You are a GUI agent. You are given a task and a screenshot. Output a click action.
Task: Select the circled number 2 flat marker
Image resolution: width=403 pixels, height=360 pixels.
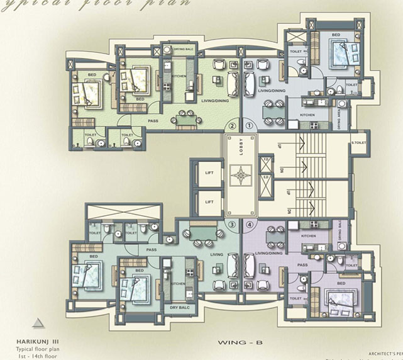tap(232, 125)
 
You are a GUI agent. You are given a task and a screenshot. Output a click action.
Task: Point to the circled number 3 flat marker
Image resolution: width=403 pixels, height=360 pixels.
tap(232, 224)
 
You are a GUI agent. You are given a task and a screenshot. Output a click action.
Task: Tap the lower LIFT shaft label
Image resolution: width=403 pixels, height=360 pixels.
tap(209, 202)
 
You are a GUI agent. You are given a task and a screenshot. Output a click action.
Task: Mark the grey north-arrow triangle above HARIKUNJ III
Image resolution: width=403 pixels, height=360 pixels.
tap(39, 322)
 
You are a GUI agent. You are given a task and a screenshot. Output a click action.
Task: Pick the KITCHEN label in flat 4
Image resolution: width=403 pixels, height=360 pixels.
tap(308, 235)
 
